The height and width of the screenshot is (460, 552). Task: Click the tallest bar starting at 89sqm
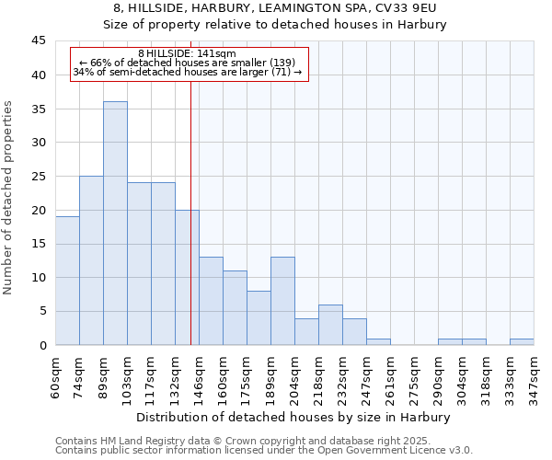(x=115, y=224)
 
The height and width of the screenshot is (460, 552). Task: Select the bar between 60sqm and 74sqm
(x=67, y=281)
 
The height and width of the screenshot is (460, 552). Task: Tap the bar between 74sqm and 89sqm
(x=91, y=260)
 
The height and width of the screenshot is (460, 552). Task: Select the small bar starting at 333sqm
(x=522, y=342)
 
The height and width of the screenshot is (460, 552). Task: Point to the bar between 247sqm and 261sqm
(x=378, y=342)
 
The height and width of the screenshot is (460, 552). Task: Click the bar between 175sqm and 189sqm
(x=259, y=318)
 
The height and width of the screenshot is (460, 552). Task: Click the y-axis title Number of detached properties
(x=8, y=198)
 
